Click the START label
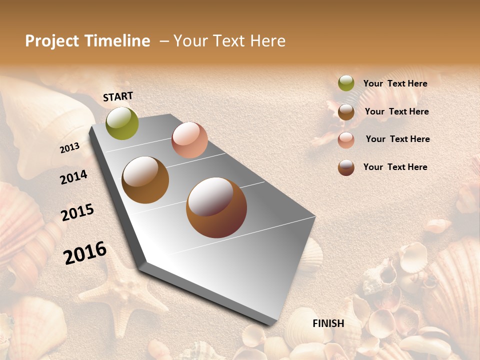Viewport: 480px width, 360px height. point(118,96)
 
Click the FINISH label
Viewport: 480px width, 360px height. point(328,323)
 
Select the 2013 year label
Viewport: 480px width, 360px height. point(70,147)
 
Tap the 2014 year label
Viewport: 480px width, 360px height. point(73,177)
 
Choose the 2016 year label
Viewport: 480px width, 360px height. point(85,252)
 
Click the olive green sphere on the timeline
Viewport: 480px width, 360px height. point(122,123)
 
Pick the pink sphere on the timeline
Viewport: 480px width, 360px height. point(189,140)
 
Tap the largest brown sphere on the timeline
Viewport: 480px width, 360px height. point(216,207)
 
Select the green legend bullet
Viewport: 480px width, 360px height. point(346,83)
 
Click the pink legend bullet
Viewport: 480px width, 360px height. point(346,140)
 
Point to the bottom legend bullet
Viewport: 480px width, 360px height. point(346,167)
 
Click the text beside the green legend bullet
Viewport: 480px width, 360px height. point(395,83)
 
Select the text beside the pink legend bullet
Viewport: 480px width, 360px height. point(397,139)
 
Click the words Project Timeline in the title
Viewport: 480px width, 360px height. point(87,41)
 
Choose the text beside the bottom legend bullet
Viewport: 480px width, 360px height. point(395,167)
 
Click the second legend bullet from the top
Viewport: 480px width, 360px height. point(346,112)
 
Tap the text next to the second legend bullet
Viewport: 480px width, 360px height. point(396,111)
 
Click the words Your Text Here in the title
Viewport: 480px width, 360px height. point(229,41)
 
